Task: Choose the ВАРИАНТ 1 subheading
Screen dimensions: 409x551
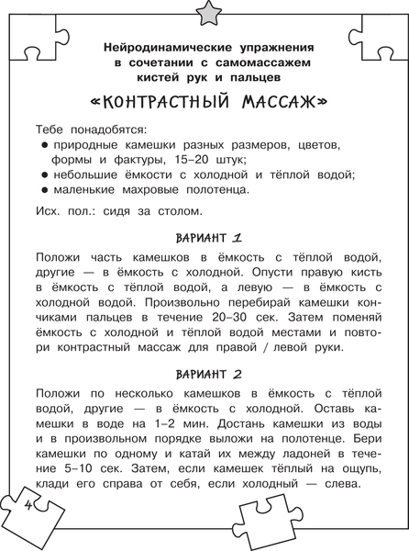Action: (204, 234)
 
